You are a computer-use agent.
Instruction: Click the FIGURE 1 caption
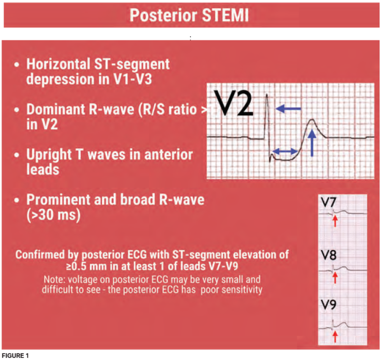coord(15,356)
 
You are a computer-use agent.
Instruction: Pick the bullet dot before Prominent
coord(17,201)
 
